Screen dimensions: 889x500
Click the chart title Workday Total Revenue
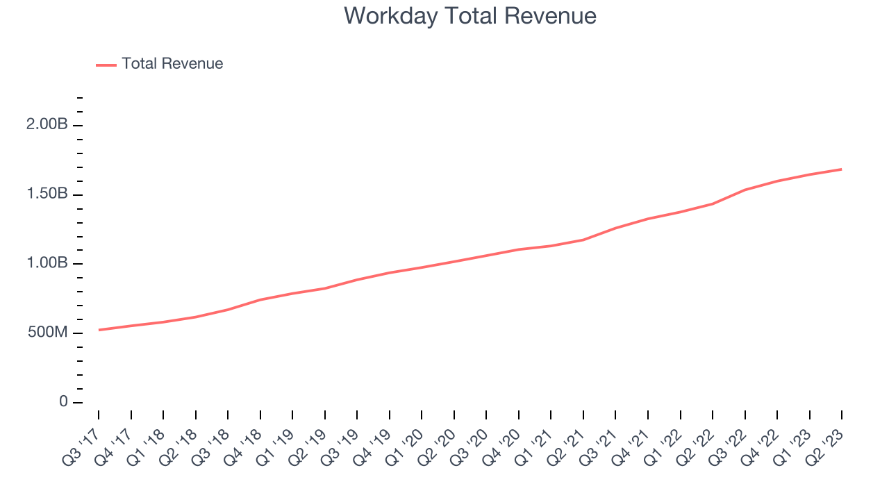[470, 17]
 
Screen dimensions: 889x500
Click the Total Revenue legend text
[172, 63]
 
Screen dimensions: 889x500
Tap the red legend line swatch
[106, 65]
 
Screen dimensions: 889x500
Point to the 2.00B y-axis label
[47, 124]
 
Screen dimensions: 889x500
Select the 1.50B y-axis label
[47, 194]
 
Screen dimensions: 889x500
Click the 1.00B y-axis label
[47, 262]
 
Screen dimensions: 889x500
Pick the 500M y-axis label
[48, 332]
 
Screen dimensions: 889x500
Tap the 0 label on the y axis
[63, 401]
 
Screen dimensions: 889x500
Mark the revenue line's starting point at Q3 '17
[99, 330]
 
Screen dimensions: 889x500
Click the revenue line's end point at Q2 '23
[842, 169]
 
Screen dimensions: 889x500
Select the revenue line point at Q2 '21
[583, 240]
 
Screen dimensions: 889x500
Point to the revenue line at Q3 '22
[745, 190]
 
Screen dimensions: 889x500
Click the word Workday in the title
[390, 17]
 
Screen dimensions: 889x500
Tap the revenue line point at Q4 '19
[390, 273]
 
